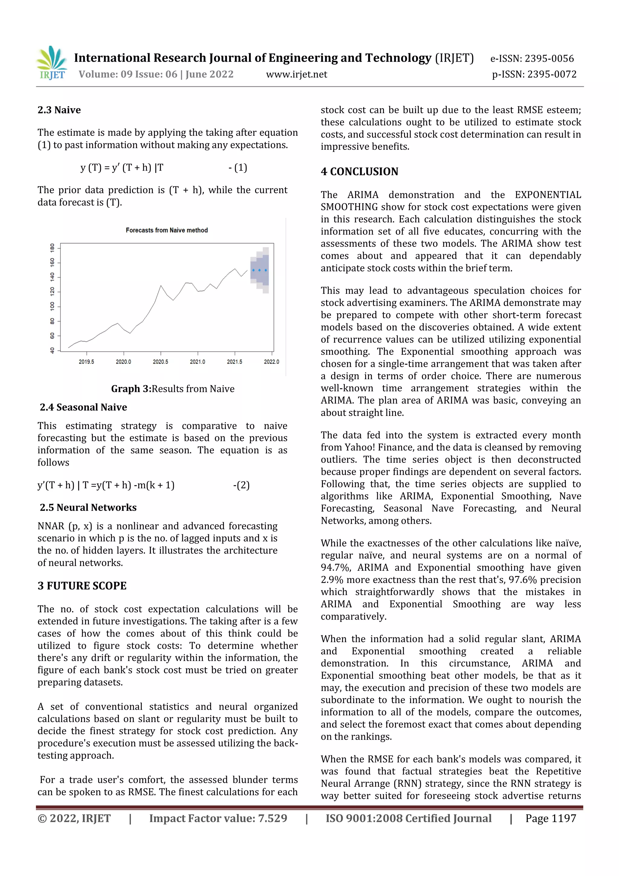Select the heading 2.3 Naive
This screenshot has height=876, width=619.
click(x=59, y=110)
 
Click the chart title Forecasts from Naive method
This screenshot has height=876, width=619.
click(x=167, y=230)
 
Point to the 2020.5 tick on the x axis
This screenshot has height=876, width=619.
click(x=160, y=362)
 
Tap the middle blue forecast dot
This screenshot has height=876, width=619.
click(x=259, y=270)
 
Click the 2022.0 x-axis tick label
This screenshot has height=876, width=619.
click(x=271, y=362)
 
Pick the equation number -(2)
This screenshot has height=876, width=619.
click(x=241, y=485)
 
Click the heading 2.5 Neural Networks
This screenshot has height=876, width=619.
click(x=88, y=507)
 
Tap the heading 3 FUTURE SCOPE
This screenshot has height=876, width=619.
click(x=82, y=586)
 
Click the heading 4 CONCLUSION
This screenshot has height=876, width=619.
click(x=359, y=172)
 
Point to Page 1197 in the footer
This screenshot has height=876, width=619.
click(x=550, y=818)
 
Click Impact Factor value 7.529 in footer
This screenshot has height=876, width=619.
click(x=218, y=818)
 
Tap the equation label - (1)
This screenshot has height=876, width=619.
click(x=238, y=168)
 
